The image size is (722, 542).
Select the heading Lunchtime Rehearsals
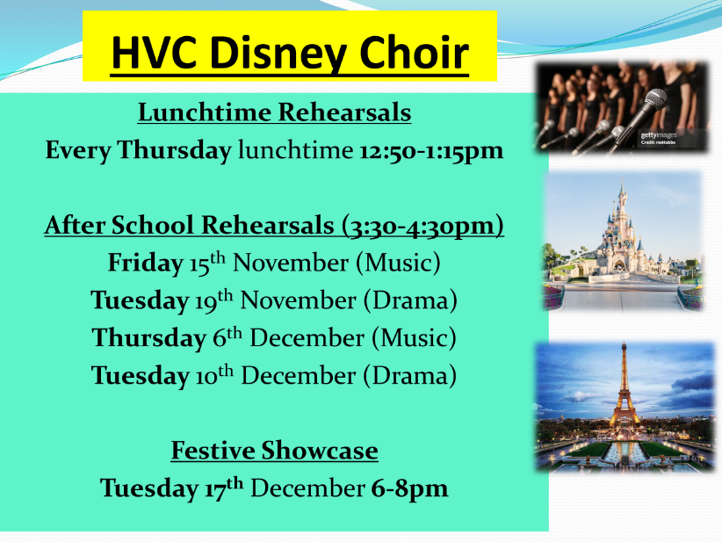click(x=274, y=112)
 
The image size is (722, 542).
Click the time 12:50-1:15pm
click(x=431, y=150)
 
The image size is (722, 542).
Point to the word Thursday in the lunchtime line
click(x=175, y=150)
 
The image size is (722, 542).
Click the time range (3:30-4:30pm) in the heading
click(x=422, y=226)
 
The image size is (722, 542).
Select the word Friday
click(x=146, y=263)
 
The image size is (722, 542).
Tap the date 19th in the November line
click(x=213, y=300)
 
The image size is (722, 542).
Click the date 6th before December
click(x=227, y=338)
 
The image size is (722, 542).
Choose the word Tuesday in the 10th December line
click(x=141, y=376)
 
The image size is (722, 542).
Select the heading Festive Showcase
click(x=274, y=451)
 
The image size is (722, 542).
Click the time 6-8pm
click(x=409, y=488)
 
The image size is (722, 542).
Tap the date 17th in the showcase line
click(x=224, y=488)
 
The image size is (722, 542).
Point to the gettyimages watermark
click(x=659, y=135)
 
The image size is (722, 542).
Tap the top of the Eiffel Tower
click(x=624, y=343)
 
